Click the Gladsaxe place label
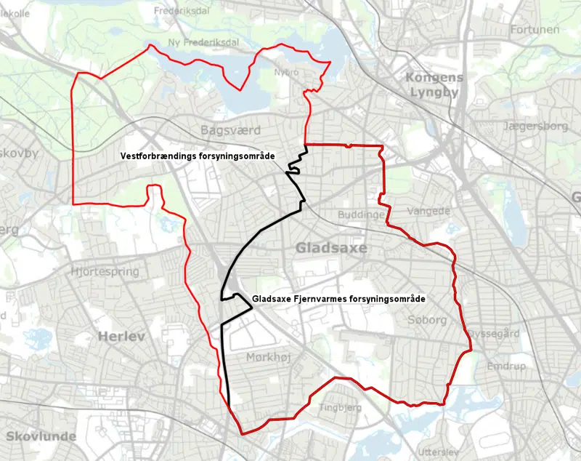click(x=331, y=249)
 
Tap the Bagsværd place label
click(x=229, y=130)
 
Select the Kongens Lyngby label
click(x=434, y=85)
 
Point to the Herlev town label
click(x=121, y=337)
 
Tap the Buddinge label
click(x=361, y=215)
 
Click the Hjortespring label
click(x=105, y=271)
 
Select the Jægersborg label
click(x=535, y=127)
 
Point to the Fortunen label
click(x=535, y=30)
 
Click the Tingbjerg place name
click(x=341, y=408)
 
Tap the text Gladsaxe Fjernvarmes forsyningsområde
click(x=338, y=299)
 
